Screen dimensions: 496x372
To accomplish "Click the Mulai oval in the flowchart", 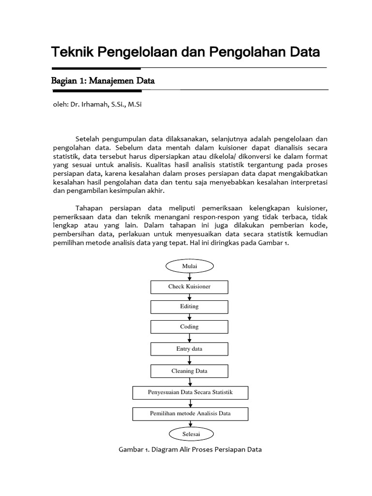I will click(189, 266).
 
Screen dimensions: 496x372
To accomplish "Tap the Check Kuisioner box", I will click(189, 287).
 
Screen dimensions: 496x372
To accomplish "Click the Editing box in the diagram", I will click(189, 307).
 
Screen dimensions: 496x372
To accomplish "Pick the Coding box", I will click(189, 327).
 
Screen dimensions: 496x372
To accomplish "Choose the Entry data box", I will click(189, 349).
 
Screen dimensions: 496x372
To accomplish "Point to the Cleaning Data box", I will click(189, 371).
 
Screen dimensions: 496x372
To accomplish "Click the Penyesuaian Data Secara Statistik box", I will click(190, 392).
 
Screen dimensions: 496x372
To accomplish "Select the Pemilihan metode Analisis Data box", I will click(190, 413).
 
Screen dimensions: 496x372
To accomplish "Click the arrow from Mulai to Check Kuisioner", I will click(189, 277).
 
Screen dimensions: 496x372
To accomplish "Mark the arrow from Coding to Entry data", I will click(189, 338).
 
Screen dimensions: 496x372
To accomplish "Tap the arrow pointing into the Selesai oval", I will click(189, 423).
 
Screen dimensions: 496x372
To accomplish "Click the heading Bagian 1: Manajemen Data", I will click(103, 81).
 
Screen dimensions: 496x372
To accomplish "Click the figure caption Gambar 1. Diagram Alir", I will click(190, 449).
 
